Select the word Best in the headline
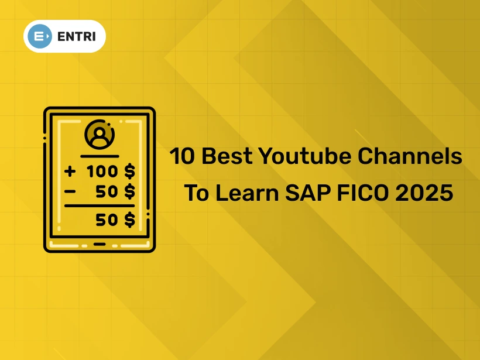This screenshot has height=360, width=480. pyautogui.click(x=227, y=156)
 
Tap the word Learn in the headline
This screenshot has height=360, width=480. pyautogui.click(x=249, y=193)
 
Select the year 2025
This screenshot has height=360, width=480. pyautogui.click(x=424, y=193)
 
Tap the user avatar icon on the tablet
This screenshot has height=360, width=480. pyautogui.click(x=100, y=136)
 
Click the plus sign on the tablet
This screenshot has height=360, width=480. pyautogui.click(x=71, y=172)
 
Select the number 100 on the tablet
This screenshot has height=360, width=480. pyautogui.click(x=102, y=172)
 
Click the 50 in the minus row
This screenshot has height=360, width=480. pyautogui.click(x=107, y=191)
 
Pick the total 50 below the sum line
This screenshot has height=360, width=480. pyautogui.click(x=107, y=220)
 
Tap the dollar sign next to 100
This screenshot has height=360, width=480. pyautogui.click(x=129, y=172)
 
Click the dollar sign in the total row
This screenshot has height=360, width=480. pyautogui.click(x=129, y=220)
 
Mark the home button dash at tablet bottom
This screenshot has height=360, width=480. pyautogui.click(x=100, y=244)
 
